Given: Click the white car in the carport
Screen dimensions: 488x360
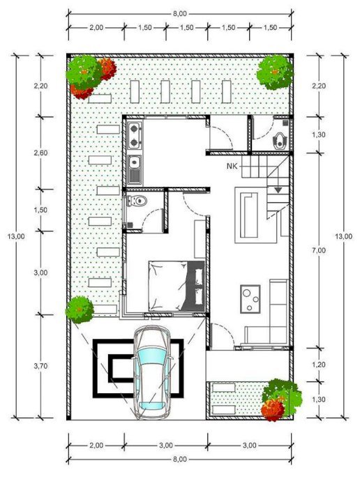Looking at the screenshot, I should (x=151, y=373).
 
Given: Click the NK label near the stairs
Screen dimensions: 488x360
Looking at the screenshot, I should (x=232, y=166).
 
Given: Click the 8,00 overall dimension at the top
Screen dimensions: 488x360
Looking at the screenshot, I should (x=179, y=13).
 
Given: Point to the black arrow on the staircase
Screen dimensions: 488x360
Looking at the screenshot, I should (x=278, y=189).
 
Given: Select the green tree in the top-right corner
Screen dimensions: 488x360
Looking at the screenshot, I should (x=274, y=70).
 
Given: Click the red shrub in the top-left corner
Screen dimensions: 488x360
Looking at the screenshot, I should (x=106, y=70).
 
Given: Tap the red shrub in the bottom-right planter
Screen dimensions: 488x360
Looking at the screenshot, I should (x=271, y=409).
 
